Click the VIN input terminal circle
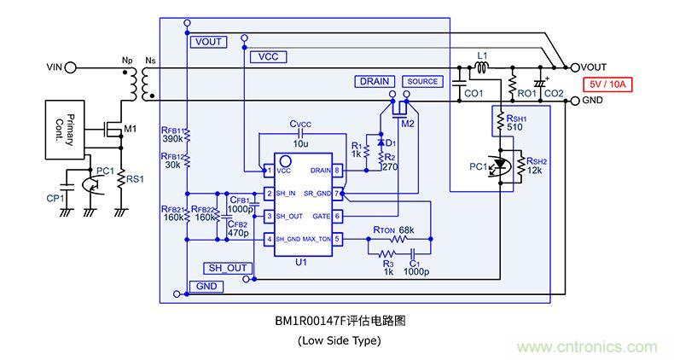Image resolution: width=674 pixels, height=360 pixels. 71,67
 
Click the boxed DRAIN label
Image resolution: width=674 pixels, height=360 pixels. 374,81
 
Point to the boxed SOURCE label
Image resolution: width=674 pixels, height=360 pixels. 422,81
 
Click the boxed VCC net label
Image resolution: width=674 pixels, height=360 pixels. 268,56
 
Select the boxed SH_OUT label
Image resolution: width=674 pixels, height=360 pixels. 227,267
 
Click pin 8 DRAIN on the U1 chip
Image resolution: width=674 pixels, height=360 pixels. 338,171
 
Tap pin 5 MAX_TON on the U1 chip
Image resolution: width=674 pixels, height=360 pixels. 338,239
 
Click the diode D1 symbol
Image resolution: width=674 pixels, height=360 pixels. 379,141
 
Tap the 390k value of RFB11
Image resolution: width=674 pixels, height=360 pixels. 172,138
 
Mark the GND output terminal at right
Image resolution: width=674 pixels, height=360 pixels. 575,102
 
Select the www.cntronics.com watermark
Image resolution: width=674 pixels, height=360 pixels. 588,347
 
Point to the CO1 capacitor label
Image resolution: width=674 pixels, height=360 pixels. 473,92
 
